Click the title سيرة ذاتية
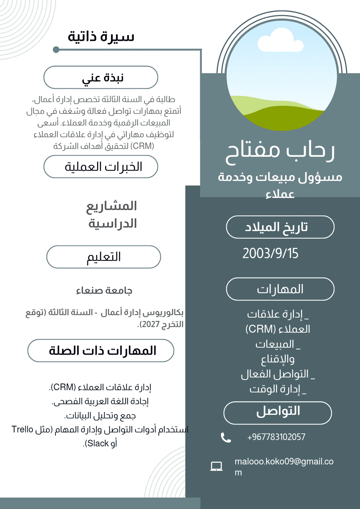pos(101,37)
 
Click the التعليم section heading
pos(104,257)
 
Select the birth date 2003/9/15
pos(270,253)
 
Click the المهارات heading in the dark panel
pos(280,289)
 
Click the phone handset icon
pos(226,437)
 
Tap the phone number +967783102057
pos(276,437)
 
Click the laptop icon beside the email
pos(216,466)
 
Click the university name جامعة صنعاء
pos(104,291)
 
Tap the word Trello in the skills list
pos(22,430)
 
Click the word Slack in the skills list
pos(98,444)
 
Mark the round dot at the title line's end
pos(56,50)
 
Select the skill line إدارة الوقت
pos(278,389)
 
